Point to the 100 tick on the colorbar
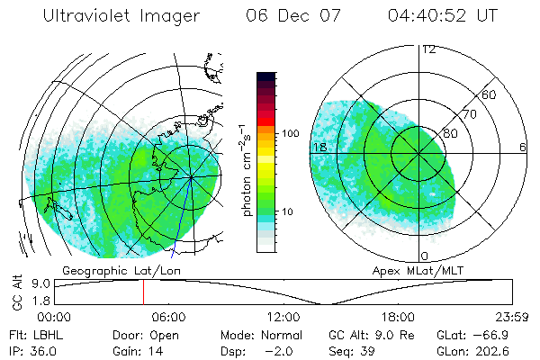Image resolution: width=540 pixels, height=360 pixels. (x=292, y=132)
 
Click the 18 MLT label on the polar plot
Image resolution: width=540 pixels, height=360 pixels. (x=318, y=147)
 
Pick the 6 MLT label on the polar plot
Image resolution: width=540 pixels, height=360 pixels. (x=523, y=147)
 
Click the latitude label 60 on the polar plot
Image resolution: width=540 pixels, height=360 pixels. (x=490, y=94)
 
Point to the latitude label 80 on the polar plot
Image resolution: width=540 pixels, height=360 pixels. (x=450, y=133)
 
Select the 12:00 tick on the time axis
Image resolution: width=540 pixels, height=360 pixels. (x=283, y=317)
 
